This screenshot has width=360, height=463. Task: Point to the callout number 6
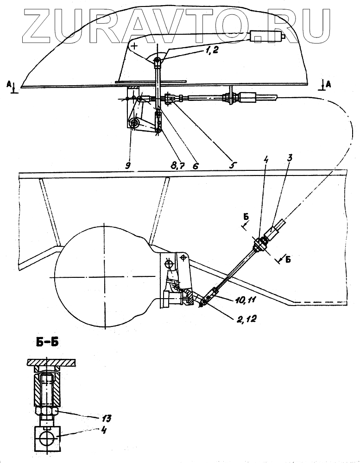point(195,165)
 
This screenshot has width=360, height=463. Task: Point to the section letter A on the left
point(9,84)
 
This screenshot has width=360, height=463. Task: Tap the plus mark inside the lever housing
point(134,46)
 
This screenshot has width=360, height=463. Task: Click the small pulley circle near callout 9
point(135,123)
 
